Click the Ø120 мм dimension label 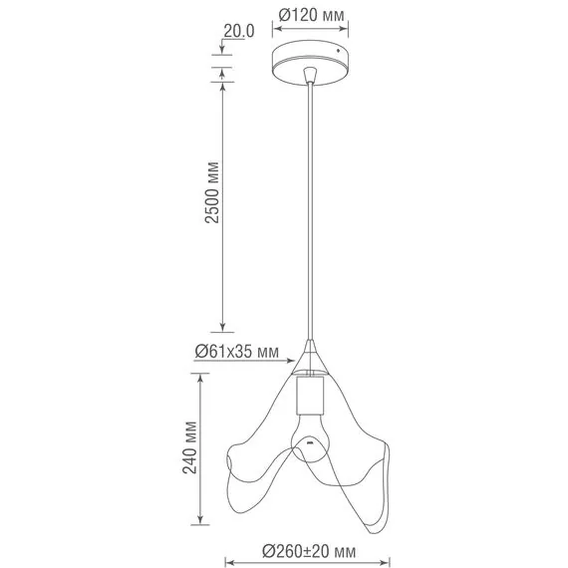tap(313, 15)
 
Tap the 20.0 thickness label tap(239, 31)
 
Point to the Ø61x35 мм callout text tap(236, 351)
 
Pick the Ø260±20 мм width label tap(310, 550)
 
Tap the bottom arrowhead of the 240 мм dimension tap(203, 521)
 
